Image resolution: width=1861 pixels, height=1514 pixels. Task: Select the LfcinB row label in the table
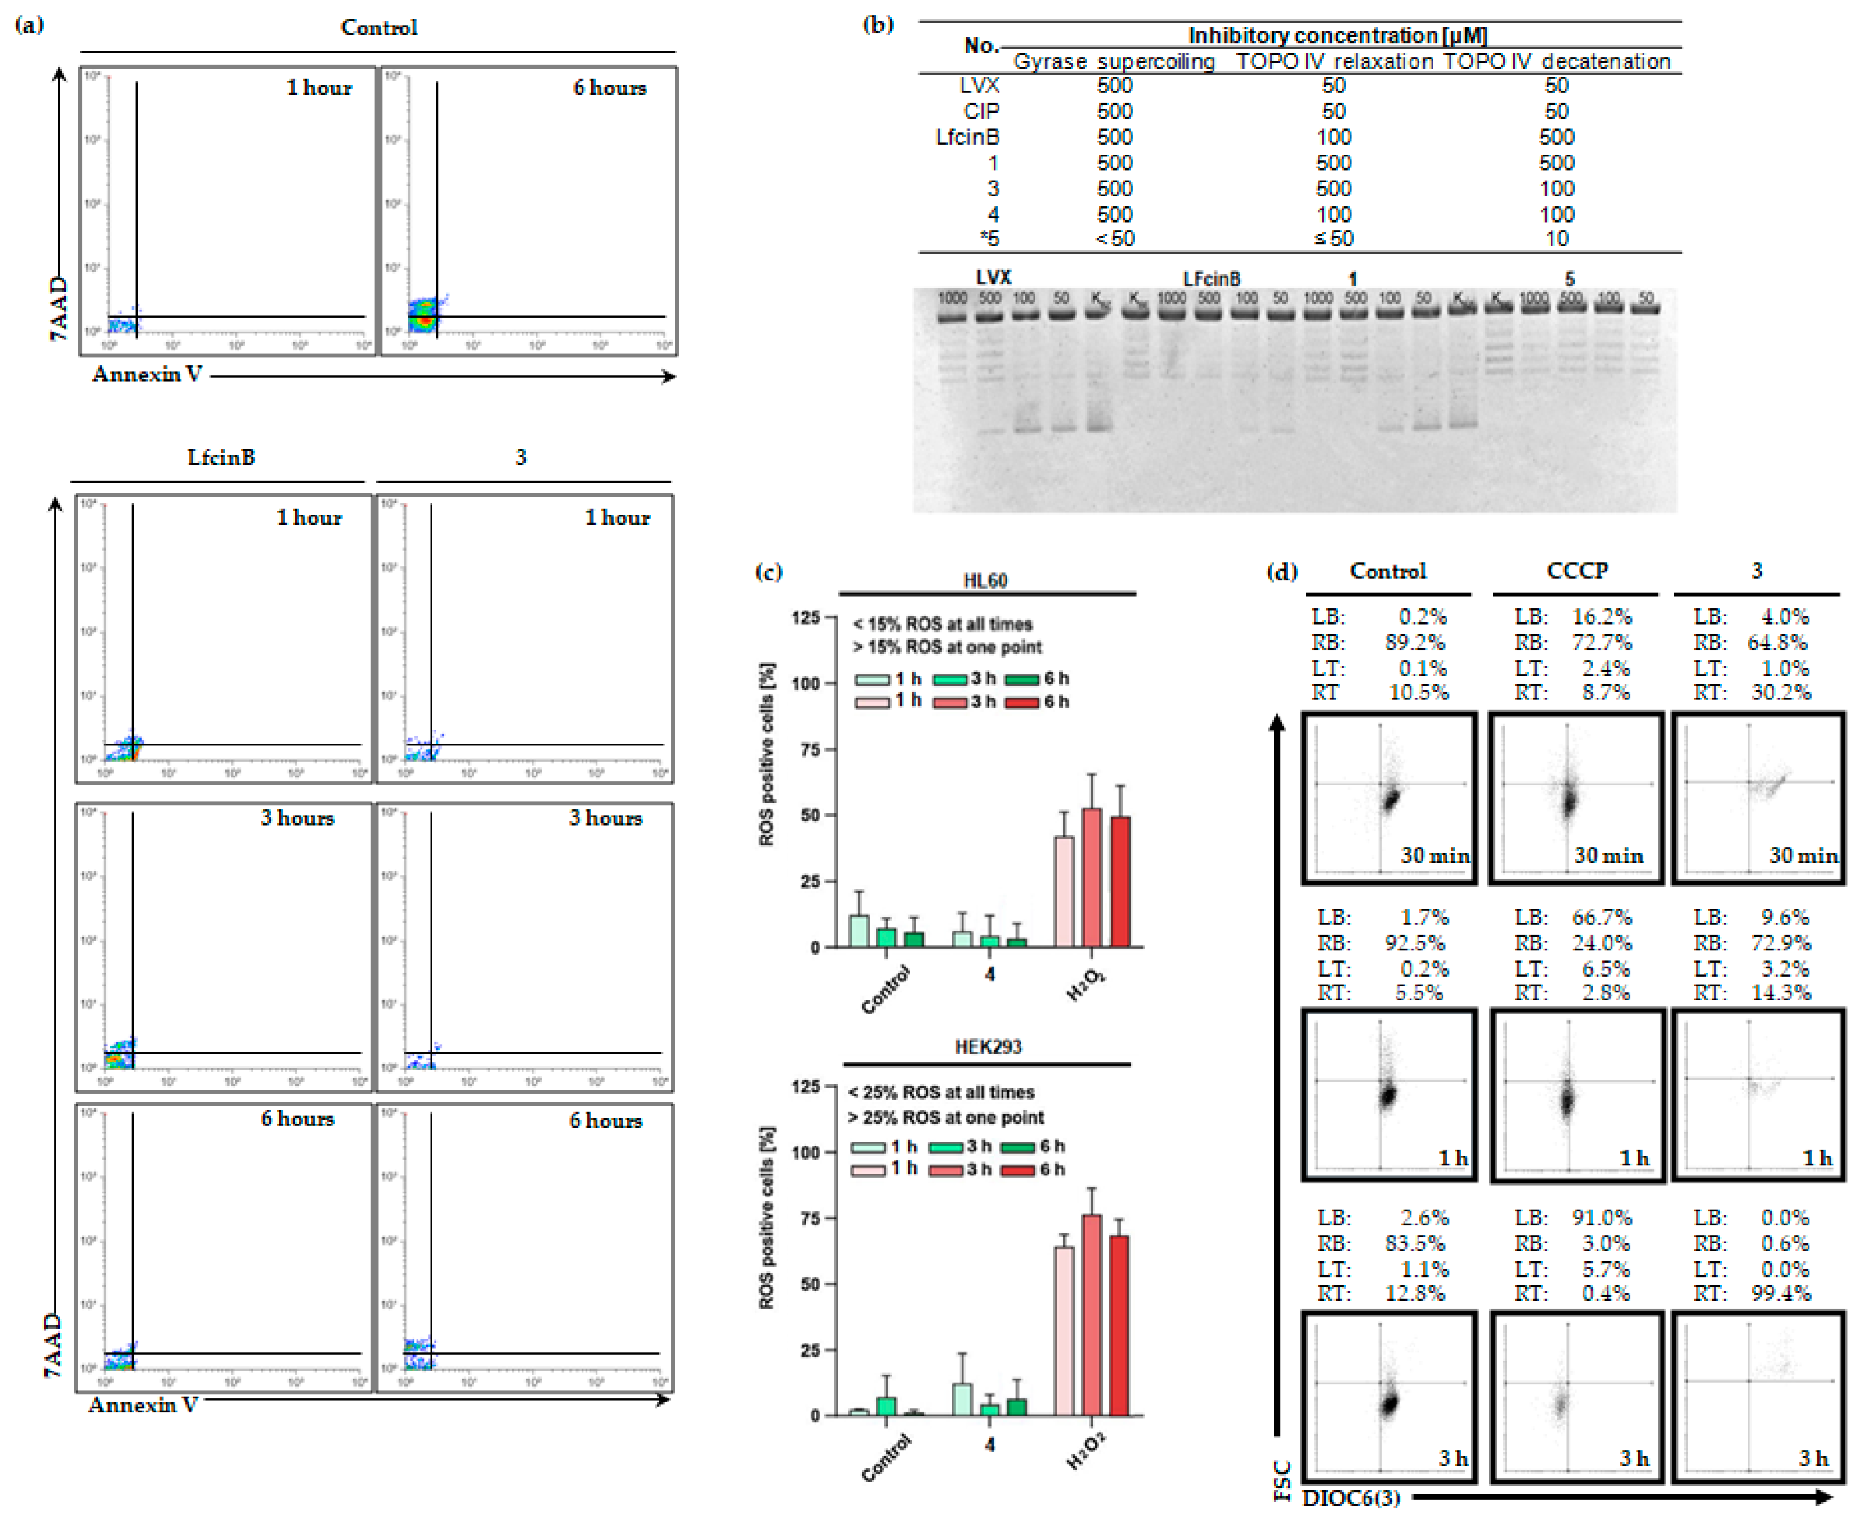tap(967, 137)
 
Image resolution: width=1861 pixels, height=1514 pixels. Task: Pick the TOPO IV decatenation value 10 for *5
tap(1556, 238)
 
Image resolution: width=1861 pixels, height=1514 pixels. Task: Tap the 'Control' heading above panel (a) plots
tap(378, 27)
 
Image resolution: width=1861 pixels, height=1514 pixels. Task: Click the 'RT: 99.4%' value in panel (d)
tap(1753, 1293)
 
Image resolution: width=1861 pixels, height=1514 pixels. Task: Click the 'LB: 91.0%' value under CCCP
tap(1572, 1218)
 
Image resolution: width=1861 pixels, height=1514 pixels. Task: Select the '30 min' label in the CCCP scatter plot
tap(1608, 856)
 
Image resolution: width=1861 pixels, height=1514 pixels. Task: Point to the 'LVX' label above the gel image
tap(994, 277)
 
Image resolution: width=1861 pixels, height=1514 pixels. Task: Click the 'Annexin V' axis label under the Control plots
tap(148, 374)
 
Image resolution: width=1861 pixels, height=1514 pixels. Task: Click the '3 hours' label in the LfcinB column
tap(297, 818)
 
